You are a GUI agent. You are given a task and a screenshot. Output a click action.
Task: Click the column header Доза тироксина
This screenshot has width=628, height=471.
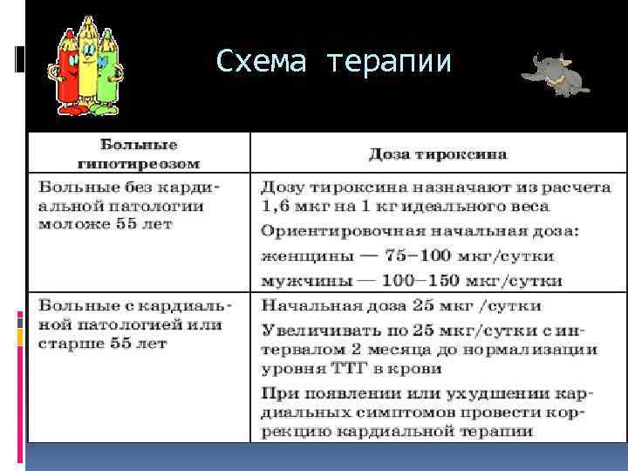[438, 154]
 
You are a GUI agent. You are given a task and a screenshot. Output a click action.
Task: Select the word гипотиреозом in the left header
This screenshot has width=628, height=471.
[139, 163]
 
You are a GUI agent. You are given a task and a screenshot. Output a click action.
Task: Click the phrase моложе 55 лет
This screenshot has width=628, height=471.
[106, 224]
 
